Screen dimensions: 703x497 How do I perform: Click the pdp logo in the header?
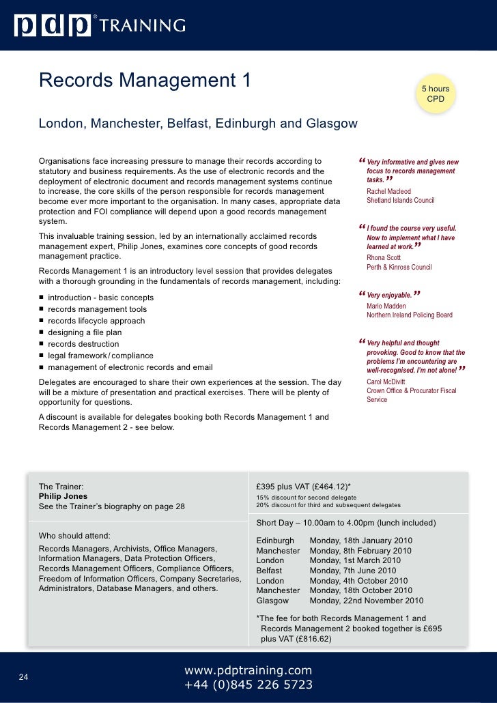pos(53,26)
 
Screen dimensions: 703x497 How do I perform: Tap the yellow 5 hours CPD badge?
pos(435,95)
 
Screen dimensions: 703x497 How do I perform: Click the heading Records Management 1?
pos(145,81)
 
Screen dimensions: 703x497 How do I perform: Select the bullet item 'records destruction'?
pos(83,344)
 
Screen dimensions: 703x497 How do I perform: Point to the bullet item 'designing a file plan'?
pos(86,332)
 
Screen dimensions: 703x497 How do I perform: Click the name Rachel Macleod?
pos(388,192)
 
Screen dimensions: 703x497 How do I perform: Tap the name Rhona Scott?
pos(384,257)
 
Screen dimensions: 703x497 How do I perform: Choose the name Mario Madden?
pos(386,306)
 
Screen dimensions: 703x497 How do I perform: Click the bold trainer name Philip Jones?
pos(63,496)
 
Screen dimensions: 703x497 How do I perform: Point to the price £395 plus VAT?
pos(303,486)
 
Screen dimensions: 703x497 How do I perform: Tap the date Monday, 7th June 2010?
pos(352,571)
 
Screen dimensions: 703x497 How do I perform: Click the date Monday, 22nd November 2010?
pos(366,601)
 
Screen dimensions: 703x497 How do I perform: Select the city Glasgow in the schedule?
pos(272,601)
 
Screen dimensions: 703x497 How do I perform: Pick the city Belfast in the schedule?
pos(269,571)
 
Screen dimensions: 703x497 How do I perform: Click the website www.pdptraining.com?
pos(248,670)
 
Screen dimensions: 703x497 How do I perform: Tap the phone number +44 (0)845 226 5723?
pos(248,685)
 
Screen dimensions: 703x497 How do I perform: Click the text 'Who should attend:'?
pos(74,534)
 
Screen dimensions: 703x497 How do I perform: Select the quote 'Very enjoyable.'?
pos(389,295)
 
